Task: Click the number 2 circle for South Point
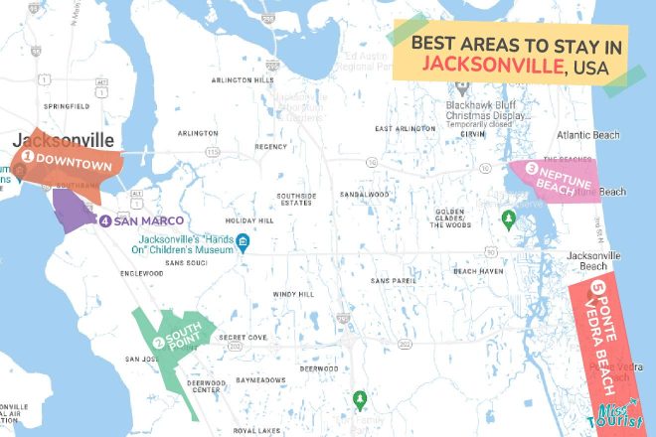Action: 159,344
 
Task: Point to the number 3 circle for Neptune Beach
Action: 532,167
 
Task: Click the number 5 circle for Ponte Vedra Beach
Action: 596,289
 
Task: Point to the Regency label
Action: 270,146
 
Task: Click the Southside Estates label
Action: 295,200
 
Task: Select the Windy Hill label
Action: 294,294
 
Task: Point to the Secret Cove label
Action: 244,338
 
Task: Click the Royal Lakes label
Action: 257,430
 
